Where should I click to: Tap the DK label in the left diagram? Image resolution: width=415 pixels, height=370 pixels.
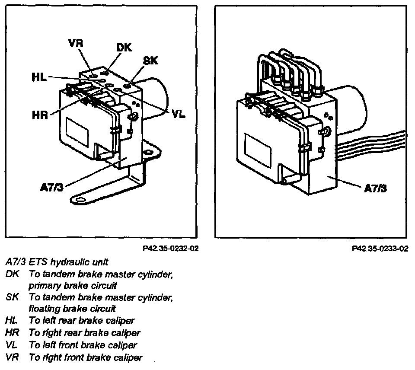[x=124, y=48]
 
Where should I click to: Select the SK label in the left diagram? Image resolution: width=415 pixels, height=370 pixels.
[x=150, y=61]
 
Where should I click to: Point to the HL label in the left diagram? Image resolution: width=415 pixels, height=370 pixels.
[x=40, y=78]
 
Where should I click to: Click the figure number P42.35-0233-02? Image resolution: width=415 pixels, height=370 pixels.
[x=380, y=249]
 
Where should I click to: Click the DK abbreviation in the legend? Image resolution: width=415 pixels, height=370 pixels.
[x=13, y=274]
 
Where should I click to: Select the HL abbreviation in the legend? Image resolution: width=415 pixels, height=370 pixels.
[x=12, y=321]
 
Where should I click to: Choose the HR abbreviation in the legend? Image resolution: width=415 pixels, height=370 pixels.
[x=13, y=333]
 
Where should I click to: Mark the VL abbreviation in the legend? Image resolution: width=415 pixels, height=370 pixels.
[x=12, y=345]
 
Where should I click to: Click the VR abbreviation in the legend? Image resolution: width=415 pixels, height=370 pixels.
[x=13, y=357]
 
